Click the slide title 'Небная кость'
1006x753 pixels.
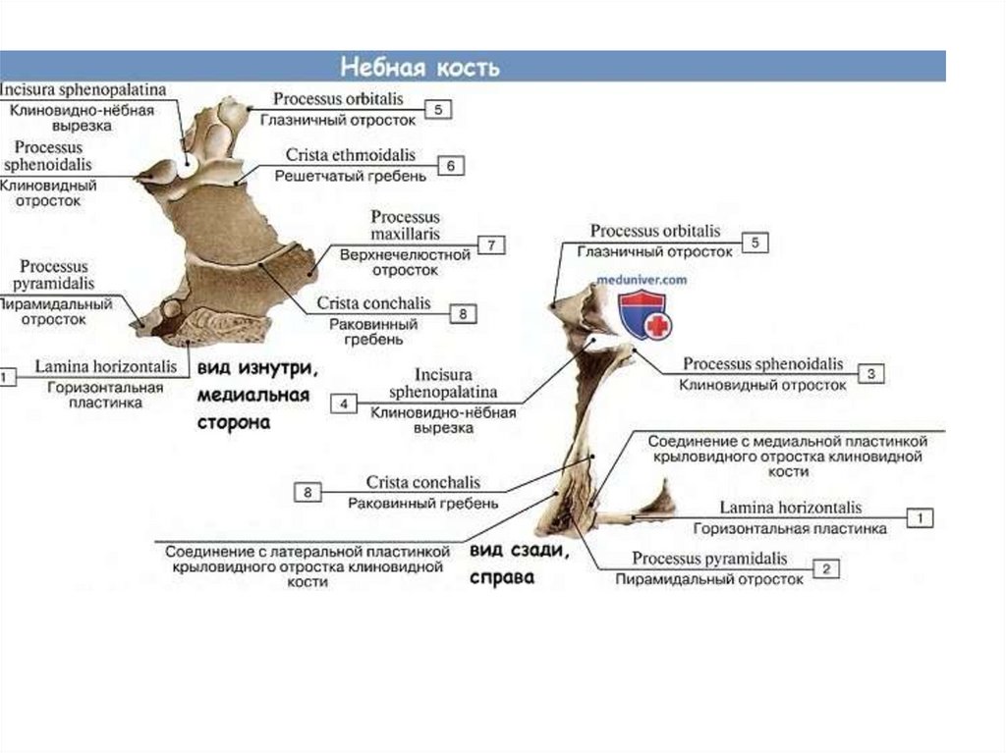tap(419, 68)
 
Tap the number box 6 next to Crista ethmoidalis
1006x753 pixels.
tap(450, 166)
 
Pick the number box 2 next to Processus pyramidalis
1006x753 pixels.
tap(827, 568)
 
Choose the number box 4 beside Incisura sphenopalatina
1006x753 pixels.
tap(344, 403)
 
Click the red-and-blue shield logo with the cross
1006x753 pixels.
tap(644, 314)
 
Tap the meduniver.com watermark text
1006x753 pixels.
tap(642, 280)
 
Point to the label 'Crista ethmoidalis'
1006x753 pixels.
tap(351, 156)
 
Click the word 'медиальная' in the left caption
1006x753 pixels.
tap(253, 397)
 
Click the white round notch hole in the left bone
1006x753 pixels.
tap(185, 169)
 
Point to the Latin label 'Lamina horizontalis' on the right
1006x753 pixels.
tap(790, 508)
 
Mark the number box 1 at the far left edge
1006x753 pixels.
tap(6, 376)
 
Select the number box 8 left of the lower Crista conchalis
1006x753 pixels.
tap(307, 493)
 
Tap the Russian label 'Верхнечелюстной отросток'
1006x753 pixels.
tap(405, 254)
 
